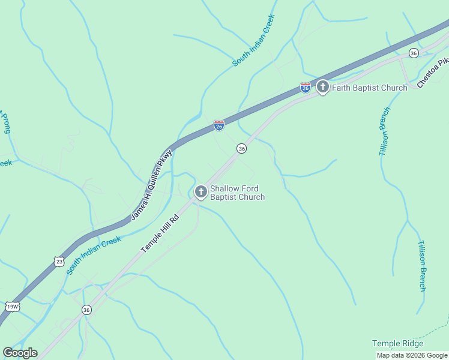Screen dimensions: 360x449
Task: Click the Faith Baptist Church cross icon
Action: tap(323, 88)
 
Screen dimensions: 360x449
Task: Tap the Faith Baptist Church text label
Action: tap(370, 88)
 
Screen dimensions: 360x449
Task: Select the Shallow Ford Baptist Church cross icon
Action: tap(200, 192)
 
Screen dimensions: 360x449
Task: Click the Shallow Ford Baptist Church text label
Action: tap(237, 192)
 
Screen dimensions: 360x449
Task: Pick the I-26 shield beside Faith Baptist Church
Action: tap(306, 88)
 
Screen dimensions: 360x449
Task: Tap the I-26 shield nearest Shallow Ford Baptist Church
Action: tap(219, 125)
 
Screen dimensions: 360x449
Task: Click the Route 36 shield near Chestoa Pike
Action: tap(414, 53)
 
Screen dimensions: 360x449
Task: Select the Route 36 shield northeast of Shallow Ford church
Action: tap(241, 148)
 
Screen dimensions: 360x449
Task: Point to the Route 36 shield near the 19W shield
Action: tap(87, 310)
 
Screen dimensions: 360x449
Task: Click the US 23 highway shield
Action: tap(58, 261)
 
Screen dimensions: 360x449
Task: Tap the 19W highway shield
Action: tap(12, 307)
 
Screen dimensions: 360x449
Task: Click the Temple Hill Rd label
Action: tap(160, 233)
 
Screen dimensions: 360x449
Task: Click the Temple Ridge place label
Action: tap(397, 343)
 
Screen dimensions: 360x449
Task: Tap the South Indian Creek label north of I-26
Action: tap(254, 40)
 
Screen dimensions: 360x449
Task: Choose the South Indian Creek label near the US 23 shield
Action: tap(94, 255)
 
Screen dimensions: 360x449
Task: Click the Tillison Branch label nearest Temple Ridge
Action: tap(422, 266)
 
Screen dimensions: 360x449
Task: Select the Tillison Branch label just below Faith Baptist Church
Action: tap(384, 131)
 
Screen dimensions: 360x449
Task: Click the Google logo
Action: tap(20, 352)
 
